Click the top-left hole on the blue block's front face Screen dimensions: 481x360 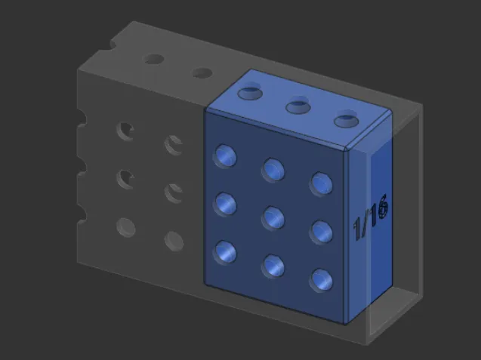click(226, 156)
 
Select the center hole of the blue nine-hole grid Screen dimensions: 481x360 click(273, 217)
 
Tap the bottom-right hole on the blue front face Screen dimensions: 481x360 click(322, 280)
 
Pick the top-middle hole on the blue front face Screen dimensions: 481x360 click(273, 170)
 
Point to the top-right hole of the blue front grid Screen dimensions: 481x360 click(322, 183)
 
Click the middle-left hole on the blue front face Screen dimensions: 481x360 click(226, 204)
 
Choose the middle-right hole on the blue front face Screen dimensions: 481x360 click(322, 232)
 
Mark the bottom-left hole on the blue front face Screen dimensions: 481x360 click(226, 252)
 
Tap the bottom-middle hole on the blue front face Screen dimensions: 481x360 click(273, 266)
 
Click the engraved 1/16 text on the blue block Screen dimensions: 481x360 click(371, 217)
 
